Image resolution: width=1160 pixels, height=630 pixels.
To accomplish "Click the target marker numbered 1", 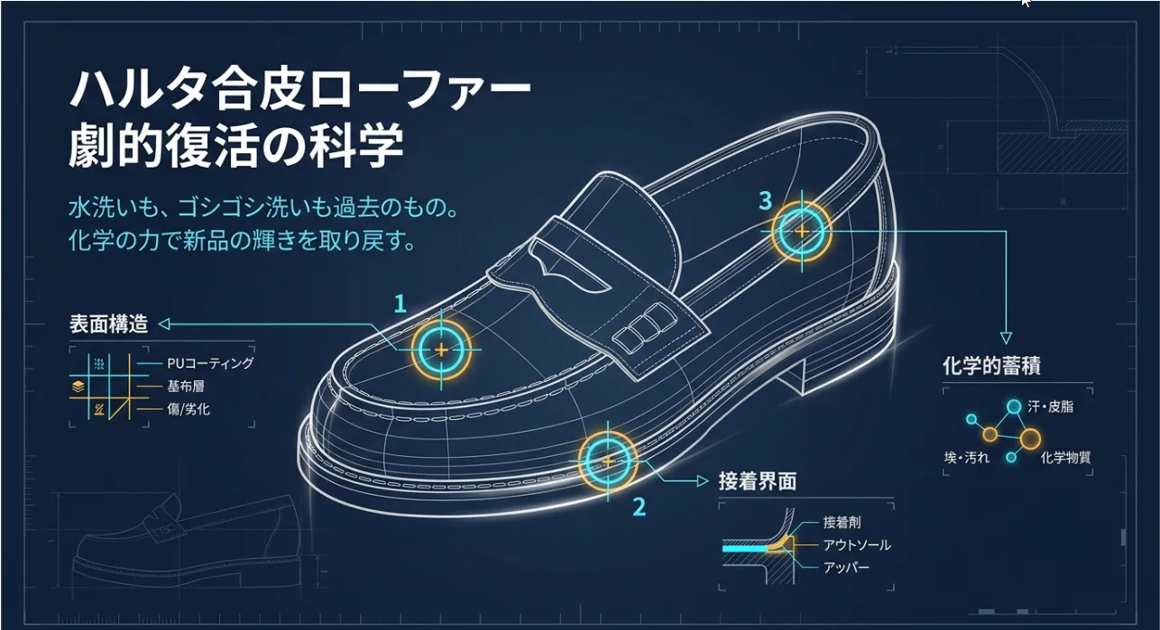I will click(x=441, y=349).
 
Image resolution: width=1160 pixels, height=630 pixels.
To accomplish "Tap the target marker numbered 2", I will click(x=607, y=461).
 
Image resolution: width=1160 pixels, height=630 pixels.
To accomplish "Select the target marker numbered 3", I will click(x=801, y=231).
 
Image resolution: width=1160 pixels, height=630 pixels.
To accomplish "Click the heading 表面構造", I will click(x=108, y=324).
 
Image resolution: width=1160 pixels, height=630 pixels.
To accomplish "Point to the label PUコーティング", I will click(x=210, y=363).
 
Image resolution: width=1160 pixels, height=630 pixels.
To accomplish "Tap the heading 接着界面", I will click(x=757, y=481).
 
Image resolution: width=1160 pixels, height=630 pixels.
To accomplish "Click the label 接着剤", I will click(x=842, y=523).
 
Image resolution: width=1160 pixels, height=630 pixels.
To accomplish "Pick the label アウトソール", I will click(x=856, y=545).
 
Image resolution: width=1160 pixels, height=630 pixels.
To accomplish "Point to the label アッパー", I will click(x=846, y=568).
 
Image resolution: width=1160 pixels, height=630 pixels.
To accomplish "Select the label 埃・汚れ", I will click(x=967, y=458).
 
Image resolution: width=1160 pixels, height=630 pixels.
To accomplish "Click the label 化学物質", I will click(x=1065, y=458).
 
